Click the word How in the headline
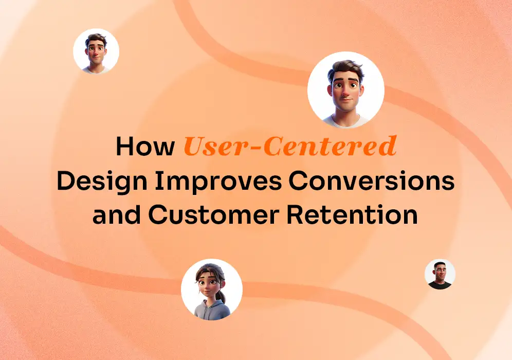[145, 147]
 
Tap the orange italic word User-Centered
[290, 147]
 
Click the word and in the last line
[116, 214]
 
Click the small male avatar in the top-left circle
[96, 51]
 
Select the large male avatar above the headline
[345, 90]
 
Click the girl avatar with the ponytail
[211, 289]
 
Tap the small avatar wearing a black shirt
[440, 274]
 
